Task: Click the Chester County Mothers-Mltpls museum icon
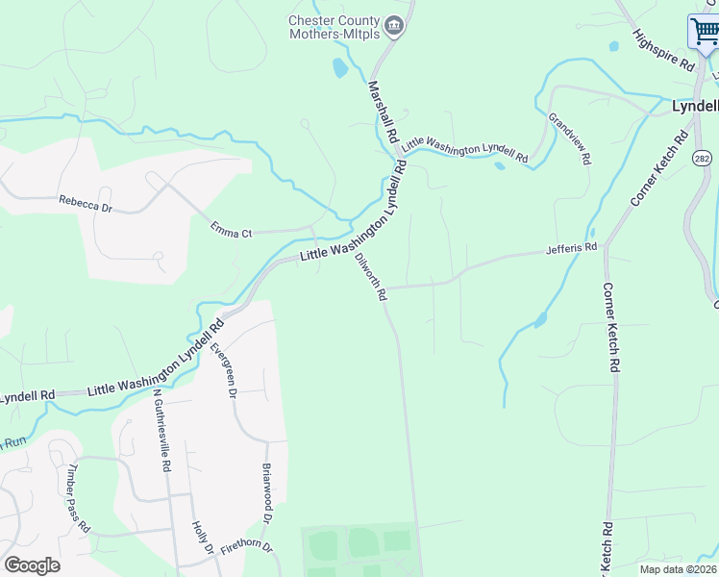[x=393, y=25]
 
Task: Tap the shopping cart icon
[x=704, y=32]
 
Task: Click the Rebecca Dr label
[x=86, y=203]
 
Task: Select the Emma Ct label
[x=231, y=230]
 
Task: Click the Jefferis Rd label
[x=571, y=247]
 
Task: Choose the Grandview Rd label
[x=569, y=138]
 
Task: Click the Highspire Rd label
[x=663, y=50]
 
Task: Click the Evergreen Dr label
[x=223, y=368]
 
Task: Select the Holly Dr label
[x=202, y=537]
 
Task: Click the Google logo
[x=32, y=565]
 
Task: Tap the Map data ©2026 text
[x=679, y=569]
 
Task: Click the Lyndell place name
[x=694, y=106]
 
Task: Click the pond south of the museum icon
[x=339, y=68]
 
